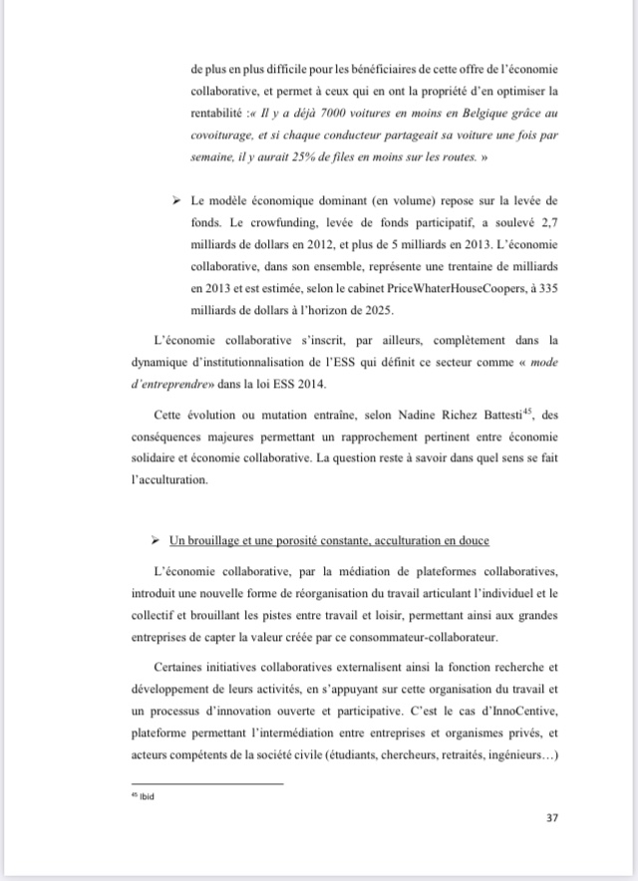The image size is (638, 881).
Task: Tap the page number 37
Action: [x=551, y=818]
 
